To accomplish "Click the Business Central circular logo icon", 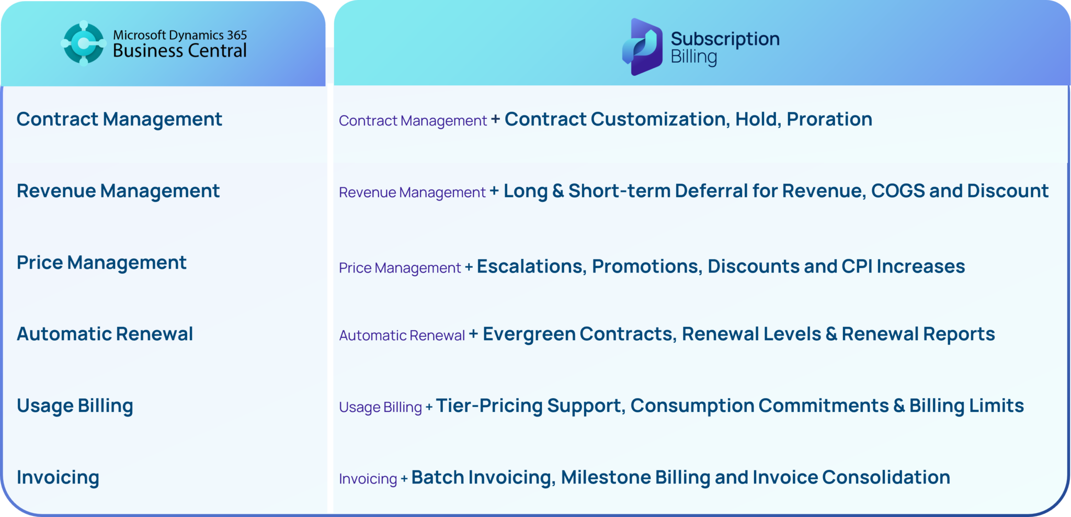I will pos(83,43).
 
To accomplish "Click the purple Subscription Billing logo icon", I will pos(642,47).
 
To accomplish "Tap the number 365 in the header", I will pos(237,35).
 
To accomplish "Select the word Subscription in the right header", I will pos(725,39).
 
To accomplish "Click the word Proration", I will pos(829,119).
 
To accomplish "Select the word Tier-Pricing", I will pos(489,406).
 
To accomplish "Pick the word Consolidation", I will pos(886,477).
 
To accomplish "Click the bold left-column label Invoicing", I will pos(58,477).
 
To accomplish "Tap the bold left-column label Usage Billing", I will pos(75,406).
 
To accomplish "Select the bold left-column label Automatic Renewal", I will pos(105,334).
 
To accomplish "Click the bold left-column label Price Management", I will pos(101,262).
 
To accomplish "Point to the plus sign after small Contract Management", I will pos(495,120).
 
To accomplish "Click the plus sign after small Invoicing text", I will pos(404,478).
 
